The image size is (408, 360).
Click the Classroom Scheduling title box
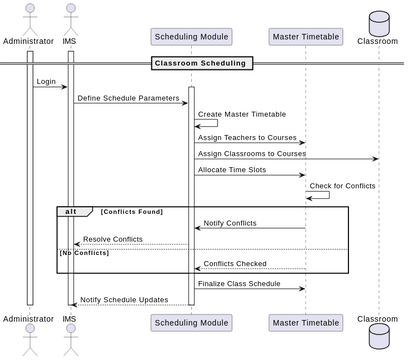(x=200, y=63)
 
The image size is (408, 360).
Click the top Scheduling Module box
(x=191, y=37)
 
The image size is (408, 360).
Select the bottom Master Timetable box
(x=304, y=321)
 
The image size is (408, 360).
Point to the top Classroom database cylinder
(x=378, y=21)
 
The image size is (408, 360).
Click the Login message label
(x=46, y=81)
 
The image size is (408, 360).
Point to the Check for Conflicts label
(x=343, y=185)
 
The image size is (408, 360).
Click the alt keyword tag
(x=72, y=212)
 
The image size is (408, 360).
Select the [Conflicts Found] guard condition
(x=131, y=212)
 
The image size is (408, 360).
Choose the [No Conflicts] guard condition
(x=84, y=253)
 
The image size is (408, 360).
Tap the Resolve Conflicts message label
(x=112, y=239)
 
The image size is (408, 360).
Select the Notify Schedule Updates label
(x=124, y=299)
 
